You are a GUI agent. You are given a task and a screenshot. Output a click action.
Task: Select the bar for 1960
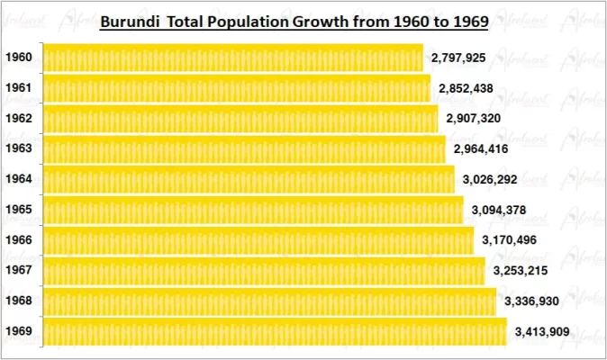(233, 58)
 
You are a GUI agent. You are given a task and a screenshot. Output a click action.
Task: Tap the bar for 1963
(244, 149)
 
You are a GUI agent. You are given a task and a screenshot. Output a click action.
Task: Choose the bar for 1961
(237, 88)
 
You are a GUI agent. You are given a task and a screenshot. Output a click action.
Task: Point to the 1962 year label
(19, 119)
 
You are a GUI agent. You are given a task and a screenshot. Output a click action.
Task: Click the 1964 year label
(19, 179)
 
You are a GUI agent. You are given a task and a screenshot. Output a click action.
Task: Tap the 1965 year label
(19, 210)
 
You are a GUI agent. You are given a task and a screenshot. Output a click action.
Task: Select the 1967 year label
(19, 271)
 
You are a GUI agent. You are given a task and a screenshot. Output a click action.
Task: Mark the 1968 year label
(19, 301)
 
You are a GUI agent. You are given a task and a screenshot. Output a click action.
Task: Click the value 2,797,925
(458, 58)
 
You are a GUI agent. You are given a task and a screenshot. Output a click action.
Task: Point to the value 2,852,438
(466, 89)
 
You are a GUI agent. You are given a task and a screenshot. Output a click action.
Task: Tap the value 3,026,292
(489, 180)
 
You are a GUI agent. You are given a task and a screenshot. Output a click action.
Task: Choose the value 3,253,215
(520, 271)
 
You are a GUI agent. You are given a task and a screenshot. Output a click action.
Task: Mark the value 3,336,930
(531, 301)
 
